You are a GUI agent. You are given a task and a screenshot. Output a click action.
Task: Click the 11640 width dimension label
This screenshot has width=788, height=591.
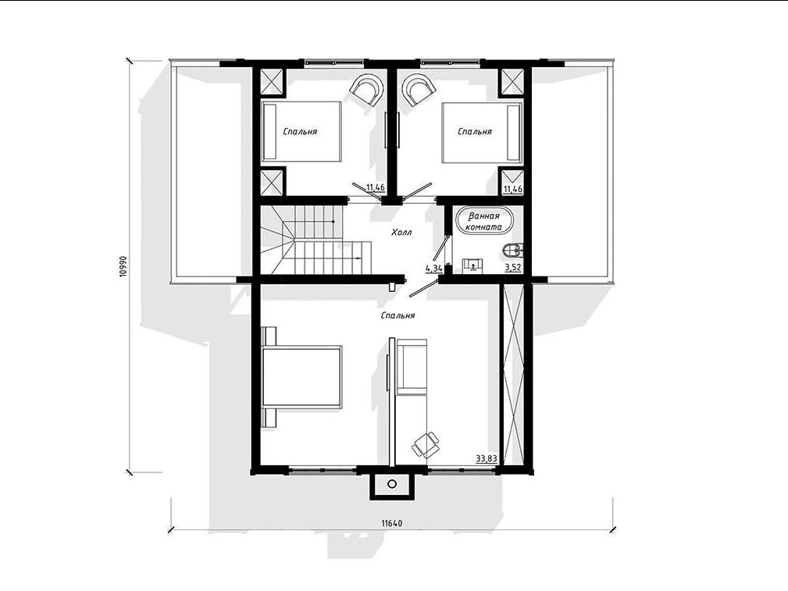coord(391,523)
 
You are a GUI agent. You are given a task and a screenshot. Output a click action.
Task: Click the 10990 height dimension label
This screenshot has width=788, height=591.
coord(123,267)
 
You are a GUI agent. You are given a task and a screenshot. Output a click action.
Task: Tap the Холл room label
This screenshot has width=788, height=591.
coord(401,232)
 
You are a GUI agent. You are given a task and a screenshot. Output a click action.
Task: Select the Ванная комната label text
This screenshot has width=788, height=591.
coord(484,222)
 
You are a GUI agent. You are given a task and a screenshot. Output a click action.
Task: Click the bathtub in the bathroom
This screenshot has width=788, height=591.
coord(484,221)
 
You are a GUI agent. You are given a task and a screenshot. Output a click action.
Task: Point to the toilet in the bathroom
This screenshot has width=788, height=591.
coord(512,249)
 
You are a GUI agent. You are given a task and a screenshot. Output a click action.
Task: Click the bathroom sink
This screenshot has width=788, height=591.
coord(472,265)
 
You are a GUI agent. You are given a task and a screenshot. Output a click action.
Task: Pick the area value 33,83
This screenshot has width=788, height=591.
coord(487,458)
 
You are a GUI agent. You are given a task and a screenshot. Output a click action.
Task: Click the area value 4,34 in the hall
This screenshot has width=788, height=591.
coord(433,268)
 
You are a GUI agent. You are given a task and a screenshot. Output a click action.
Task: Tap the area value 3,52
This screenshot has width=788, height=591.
coord(512,267)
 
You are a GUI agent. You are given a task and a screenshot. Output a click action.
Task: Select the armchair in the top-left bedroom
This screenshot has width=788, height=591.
coord(366,90)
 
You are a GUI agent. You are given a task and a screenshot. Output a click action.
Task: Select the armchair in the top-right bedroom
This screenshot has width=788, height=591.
coord(418,90)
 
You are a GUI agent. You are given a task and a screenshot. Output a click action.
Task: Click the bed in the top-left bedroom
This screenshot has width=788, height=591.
coord(301,132)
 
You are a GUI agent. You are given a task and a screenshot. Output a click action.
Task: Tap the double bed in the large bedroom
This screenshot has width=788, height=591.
coord(301,377)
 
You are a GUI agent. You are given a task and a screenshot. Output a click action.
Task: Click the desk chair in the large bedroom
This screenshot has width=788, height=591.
coord(426,444)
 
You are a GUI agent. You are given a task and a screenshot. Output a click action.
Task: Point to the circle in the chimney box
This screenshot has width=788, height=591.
coord(392,484)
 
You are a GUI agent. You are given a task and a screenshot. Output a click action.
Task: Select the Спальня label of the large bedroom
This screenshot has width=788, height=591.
coord(398,315)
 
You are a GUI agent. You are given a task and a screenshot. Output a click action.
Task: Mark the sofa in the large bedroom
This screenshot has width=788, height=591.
coord(412,366)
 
